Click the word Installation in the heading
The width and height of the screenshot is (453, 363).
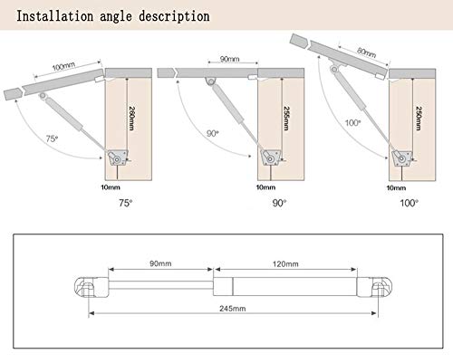[x=54, y=16]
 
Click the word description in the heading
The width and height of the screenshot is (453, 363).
[x=174, y=16]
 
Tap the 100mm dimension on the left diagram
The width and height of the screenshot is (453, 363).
[x=63, y=66]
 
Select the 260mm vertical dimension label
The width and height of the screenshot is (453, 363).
[x=131, y=119]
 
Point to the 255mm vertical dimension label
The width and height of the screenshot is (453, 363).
[x=286, y=119]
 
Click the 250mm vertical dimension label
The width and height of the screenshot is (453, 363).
[x=419, y=119]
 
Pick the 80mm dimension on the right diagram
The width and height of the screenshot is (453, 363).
[x=366, y=53]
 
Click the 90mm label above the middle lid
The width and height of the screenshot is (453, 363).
[x=229, y=59]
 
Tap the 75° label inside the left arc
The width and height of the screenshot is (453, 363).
[x=52, y=139]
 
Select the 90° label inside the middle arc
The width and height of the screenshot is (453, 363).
[x=213, y=133]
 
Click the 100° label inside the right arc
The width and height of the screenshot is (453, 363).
[x=352, y=123]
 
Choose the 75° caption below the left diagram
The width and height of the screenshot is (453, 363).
[x=125, y=203]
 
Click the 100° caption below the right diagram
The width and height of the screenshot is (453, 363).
[x=409, y=203]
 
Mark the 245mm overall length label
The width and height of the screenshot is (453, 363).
[x=233, y=309]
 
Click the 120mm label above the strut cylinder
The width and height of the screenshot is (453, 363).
[x=285, y=264]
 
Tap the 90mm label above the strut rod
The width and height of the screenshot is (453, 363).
[x=160, y=263]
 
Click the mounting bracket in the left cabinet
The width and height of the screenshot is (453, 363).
[x=118, y=158]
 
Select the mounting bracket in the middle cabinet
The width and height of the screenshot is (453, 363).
[x=271, y=157]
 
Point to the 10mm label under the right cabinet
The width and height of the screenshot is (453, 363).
[x=396, y=188]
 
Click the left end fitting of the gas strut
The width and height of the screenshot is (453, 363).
[x=92, y=288]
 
